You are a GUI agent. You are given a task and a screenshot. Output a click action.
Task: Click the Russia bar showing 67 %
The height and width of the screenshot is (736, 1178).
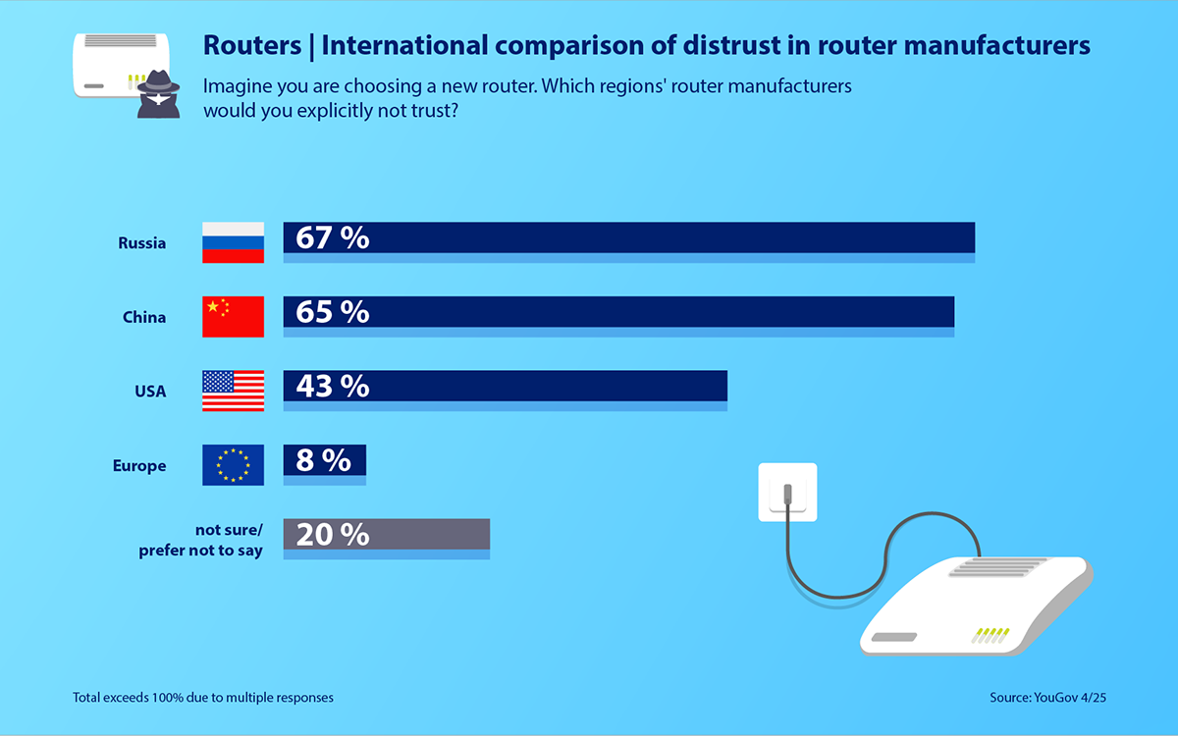point(628,238)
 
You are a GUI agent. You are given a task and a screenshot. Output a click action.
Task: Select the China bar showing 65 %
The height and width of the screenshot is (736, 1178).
point(618,312)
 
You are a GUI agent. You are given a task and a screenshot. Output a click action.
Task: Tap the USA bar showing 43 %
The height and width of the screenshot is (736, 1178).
point(505,387)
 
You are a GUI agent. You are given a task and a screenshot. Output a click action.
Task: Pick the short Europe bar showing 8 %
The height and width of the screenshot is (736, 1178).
point(324,460)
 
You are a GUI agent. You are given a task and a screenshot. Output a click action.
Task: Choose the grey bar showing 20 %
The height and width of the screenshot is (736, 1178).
point(386,535)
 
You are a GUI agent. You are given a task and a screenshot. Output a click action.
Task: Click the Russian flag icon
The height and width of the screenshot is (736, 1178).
point(233,242)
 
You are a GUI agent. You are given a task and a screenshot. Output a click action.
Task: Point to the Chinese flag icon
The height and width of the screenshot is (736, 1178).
point(233,316)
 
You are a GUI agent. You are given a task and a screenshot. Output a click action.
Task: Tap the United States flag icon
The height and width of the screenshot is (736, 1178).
point(233,391)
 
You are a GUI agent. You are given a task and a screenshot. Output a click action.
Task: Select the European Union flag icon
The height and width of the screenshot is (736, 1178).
point(233,465)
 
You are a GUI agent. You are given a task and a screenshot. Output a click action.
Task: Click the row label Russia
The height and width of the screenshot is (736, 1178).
point(141,243)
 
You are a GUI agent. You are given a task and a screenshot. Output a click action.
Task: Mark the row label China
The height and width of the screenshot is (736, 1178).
point(144,317)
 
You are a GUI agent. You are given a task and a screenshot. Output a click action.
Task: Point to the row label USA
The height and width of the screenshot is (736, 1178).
point(150,392)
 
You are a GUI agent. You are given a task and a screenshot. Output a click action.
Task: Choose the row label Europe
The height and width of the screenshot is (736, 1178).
point(139,466)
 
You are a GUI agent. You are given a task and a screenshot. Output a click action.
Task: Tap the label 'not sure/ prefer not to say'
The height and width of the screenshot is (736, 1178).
point(201,541)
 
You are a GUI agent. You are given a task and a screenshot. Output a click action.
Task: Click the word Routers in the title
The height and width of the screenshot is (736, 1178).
point(251,45)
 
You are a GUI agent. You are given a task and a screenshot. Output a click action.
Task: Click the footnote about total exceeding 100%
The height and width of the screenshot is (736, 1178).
point(203,698)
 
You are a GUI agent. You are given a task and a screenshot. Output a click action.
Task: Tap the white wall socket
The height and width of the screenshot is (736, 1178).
point(787,492)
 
